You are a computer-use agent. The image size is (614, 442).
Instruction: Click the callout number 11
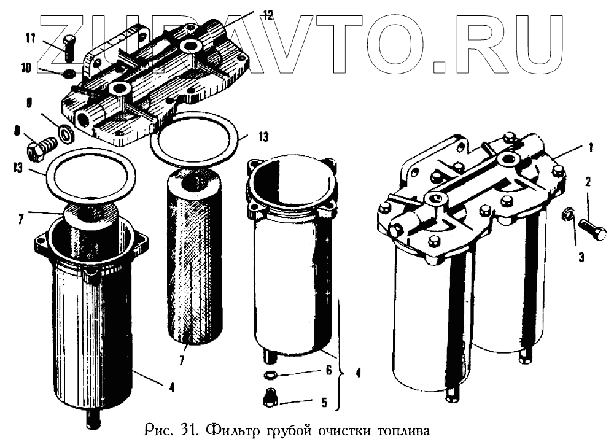click(31, 39)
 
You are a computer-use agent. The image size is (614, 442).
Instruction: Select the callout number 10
click(26, 68)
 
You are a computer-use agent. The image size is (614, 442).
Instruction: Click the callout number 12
click(268, 17)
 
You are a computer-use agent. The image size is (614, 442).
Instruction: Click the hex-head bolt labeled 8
click(41, 148)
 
